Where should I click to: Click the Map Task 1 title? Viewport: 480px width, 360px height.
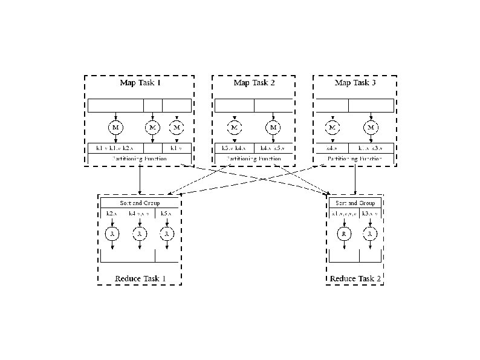(138, 82)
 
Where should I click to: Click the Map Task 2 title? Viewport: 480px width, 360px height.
(254, 82)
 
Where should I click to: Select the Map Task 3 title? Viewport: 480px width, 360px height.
(355, 82)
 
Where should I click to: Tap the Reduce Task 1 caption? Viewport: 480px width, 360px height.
(140, 279)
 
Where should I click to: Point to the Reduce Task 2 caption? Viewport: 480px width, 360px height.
(355, 279)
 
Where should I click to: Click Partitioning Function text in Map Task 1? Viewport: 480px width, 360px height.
(139, 159)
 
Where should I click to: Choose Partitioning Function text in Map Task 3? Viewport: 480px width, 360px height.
(355, 159)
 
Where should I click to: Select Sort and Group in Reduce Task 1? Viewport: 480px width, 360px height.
(140, 202)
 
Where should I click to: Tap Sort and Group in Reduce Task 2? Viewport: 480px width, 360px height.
(355, 203)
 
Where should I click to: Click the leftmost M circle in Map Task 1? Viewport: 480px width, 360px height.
(115, 128)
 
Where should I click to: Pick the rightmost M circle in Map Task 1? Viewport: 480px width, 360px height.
(177, 128)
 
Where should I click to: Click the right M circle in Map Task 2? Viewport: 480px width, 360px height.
(273, 128)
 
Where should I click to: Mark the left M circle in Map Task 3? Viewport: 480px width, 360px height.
(332, 128)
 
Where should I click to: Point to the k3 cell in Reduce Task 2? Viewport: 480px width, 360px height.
(370, 214)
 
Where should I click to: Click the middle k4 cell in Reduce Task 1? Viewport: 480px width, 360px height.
(140, 214)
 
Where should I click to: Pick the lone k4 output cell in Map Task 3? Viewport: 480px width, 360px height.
(332, 148)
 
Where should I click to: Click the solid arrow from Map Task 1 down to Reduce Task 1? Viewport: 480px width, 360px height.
(140, 180)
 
